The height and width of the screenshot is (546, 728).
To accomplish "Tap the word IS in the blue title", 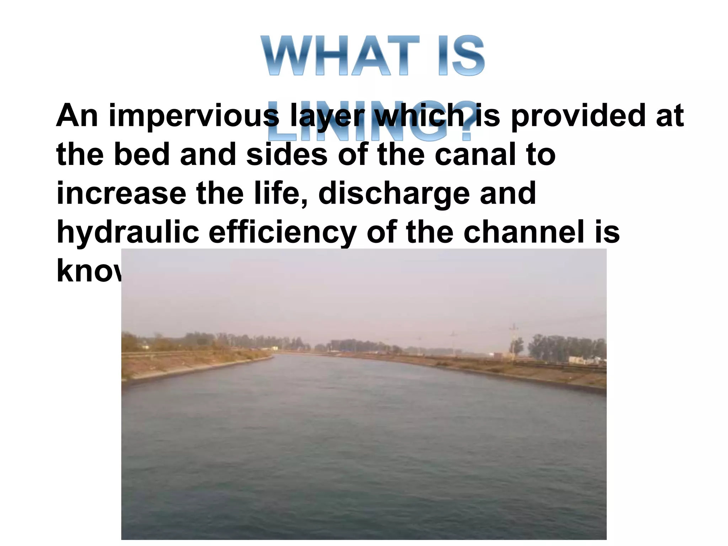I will pyautogui.click(x=461, y=56).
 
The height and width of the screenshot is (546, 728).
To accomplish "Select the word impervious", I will pyautogui.click(x=194, y=116).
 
